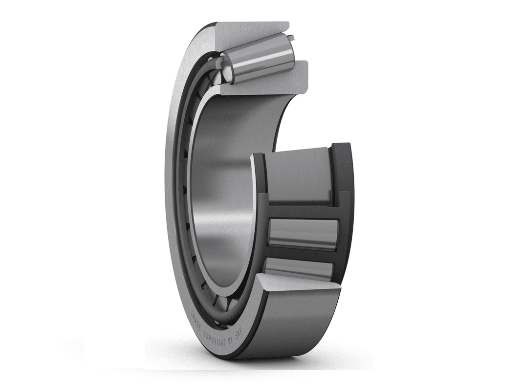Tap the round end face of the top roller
(228, 67)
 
